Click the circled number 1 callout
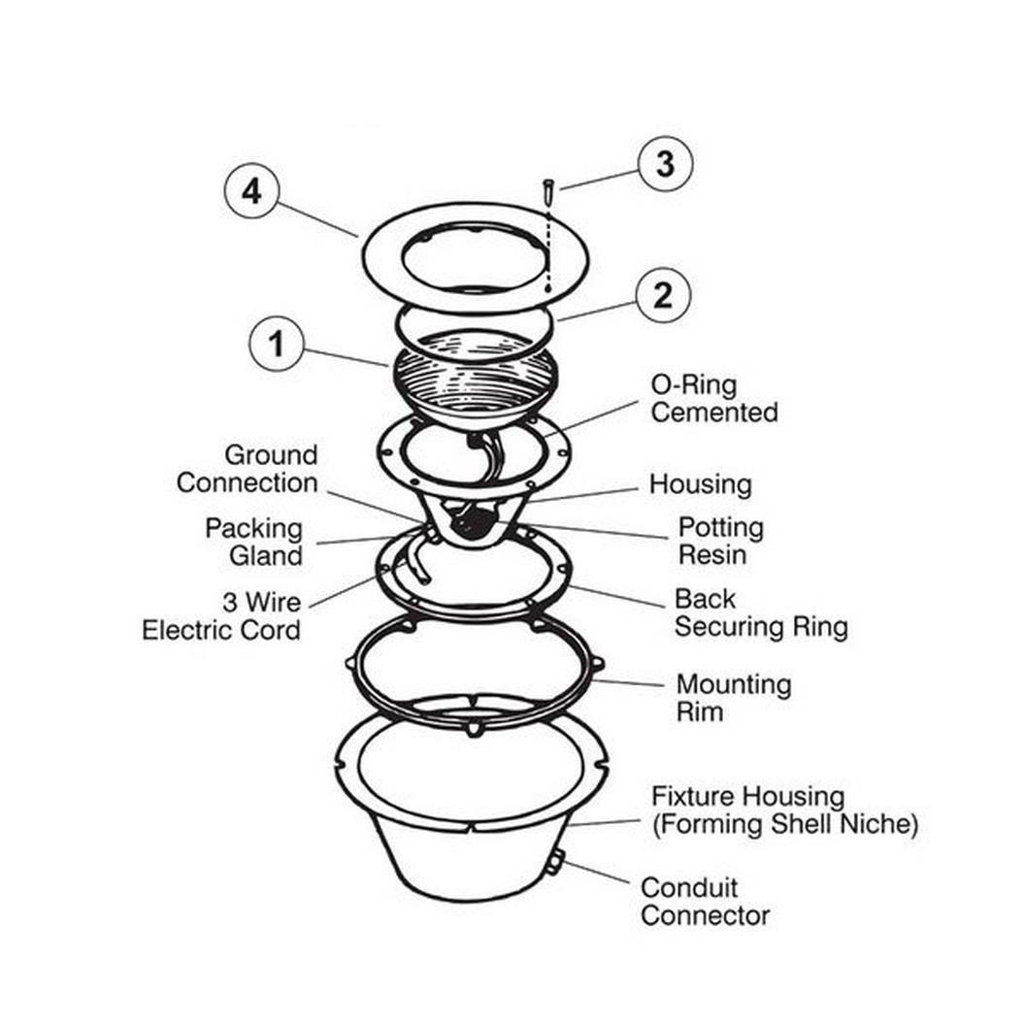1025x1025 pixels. [x=277, y=344]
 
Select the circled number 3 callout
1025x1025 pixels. [x=665, y=163]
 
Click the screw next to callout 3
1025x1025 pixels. [x=547, y=192]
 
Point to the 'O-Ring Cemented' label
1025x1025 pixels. [x=713, y=398]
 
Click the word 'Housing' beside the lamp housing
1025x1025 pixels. [x=700, y=484]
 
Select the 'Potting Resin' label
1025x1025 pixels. [x=720, y=541]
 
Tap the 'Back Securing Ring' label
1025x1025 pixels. [x=761, y=612]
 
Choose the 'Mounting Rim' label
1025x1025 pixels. [x=734, y=698]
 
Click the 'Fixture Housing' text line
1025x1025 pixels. [x=747, y=796]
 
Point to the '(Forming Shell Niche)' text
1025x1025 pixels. [x=785, y=824]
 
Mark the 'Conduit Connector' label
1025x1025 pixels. [x=705, y=902]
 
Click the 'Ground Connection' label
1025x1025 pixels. [x=248, y=469]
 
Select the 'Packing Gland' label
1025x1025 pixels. [x=253, y=542]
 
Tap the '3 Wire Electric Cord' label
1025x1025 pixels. [x=221, y=615]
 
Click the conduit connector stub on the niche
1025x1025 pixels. [x=553, y=863]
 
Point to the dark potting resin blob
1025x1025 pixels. [x=476, y=521]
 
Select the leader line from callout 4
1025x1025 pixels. [x=317, y=219]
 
